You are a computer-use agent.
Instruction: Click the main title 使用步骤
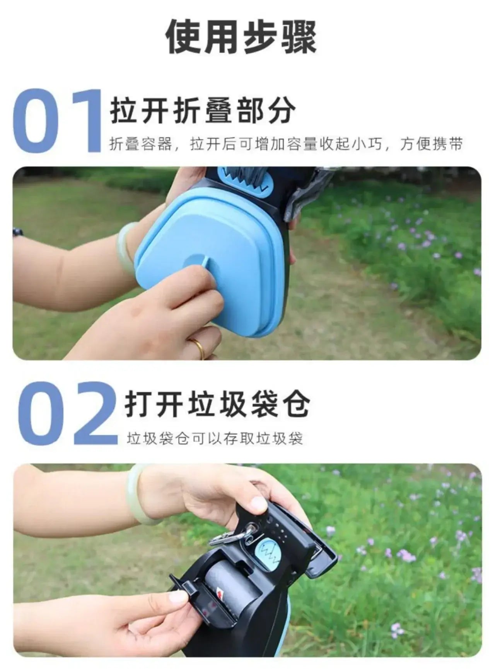pos(241,38)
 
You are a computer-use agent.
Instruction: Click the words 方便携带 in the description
pos(431,144)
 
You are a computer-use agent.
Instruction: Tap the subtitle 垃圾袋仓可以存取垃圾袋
pos(215,439)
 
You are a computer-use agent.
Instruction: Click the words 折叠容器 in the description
pos(141,144)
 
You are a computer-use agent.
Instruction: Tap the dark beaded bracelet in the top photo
pos(17,232)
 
